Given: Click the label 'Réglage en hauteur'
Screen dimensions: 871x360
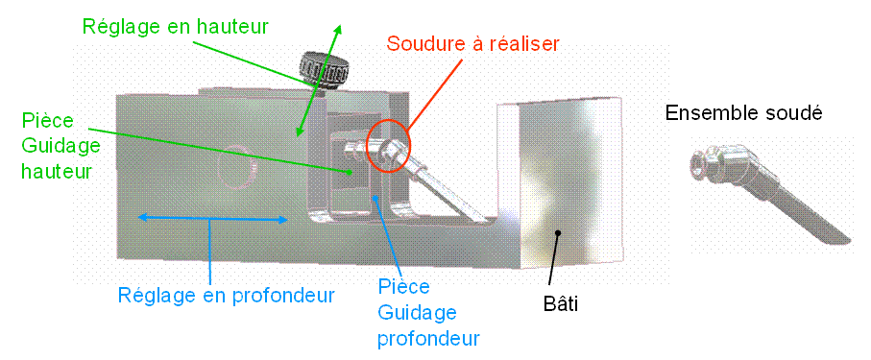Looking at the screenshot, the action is [176, 27].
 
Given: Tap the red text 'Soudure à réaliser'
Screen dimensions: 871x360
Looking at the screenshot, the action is [472, 43].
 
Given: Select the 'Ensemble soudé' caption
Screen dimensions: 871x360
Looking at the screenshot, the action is [743, 113].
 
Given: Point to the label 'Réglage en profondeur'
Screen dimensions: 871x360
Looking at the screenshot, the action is [226, 296].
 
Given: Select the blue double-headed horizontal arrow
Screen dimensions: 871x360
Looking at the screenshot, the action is [213, 219].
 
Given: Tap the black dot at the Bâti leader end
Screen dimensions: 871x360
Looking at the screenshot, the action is [559, 232].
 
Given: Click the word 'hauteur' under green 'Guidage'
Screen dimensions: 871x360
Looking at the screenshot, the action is [56, 171].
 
